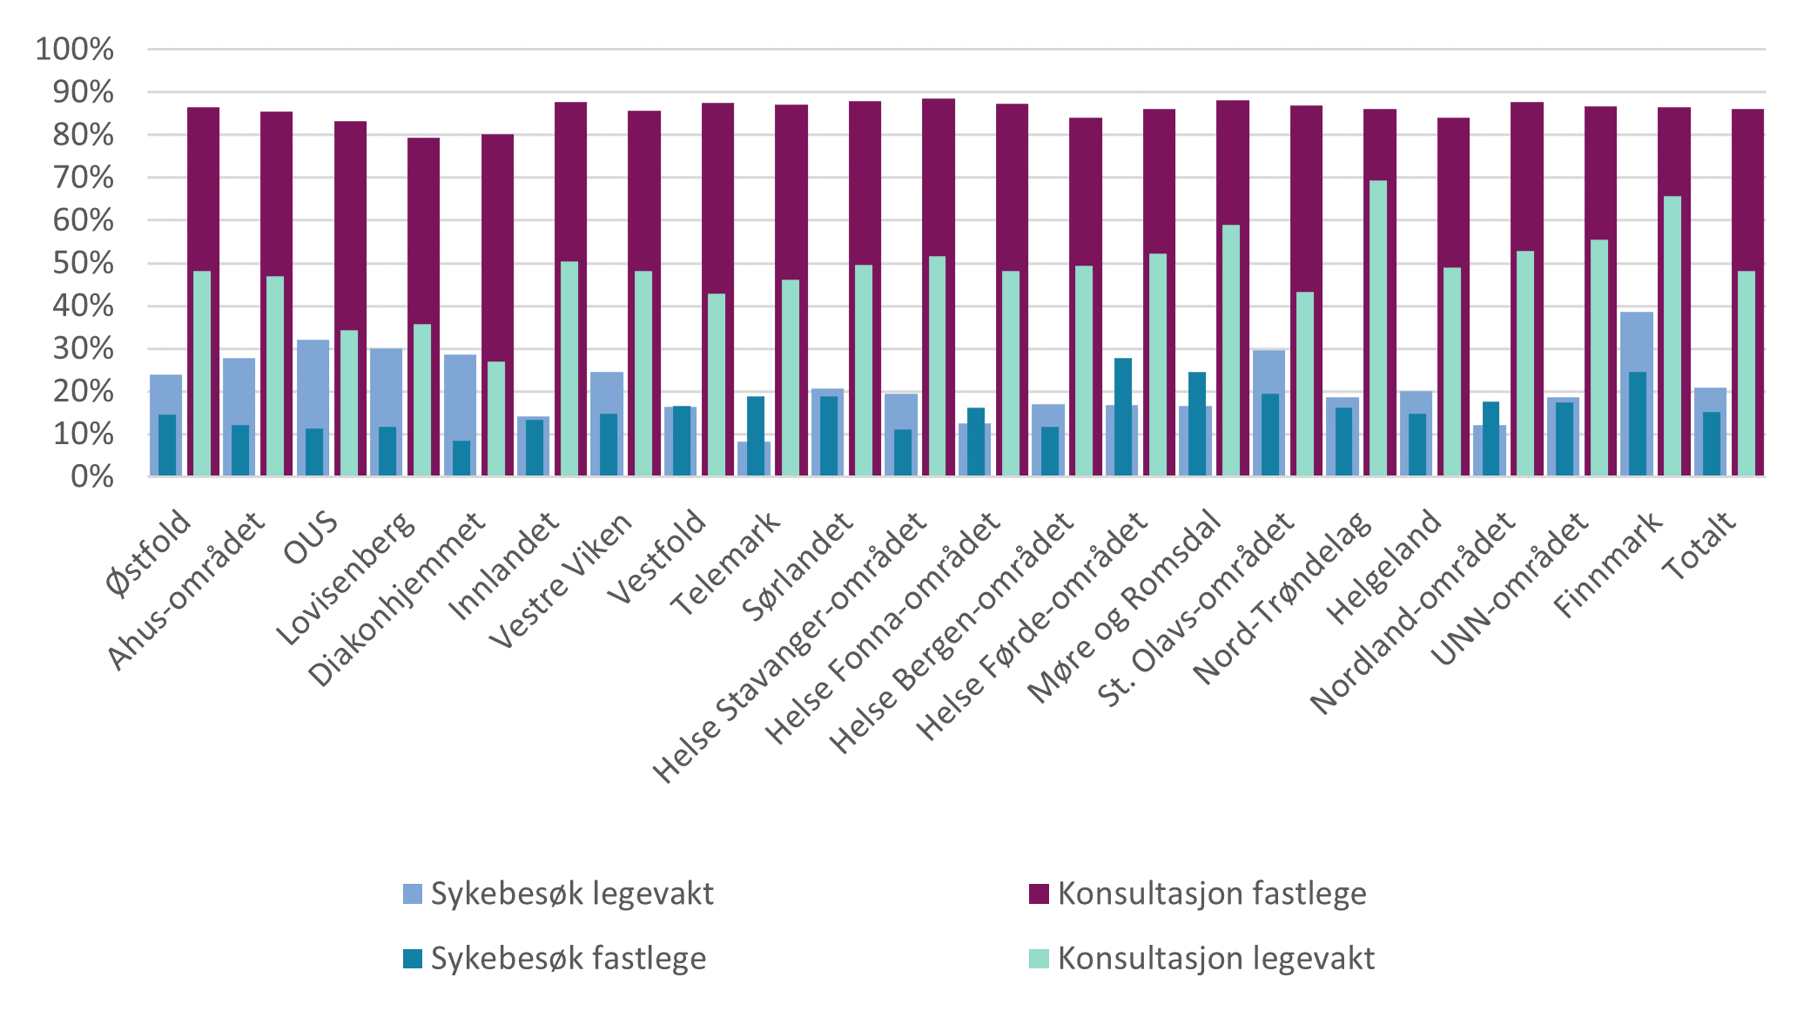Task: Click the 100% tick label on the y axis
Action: pyautogui.click(x=75, y=49)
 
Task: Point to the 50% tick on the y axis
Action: pyautogui.click(x=84, y=263)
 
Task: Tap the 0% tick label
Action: pyautogui.click(x=92, y=476)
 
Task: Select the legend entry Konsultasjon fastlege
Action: pyautogui.click(x=1198, y=893)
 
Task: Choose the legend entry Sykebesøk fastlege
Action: pyautogui.click(x=555, y=959)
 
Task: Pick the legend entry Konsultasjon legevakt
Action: pyautogui.click(x=1202, y=959)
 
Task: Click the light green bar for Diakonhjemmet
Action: pyautogui.click(x=495, y=418)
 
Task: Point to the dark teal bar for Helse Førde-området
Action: pyautogui.click(x=1123, y=417)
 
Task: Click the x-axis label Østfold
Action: pyautogui.click(x=149, y=554)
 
